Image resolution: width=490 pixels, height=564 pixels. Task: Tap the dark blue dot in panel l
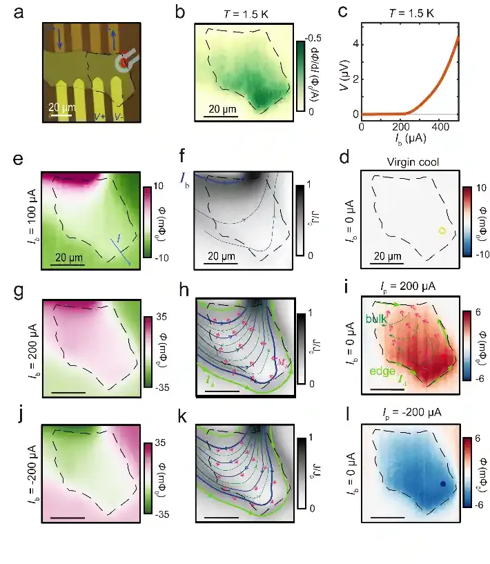pos(443,485)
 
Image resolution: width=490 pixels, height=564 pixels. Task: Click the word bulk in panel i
pos(376,319)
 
